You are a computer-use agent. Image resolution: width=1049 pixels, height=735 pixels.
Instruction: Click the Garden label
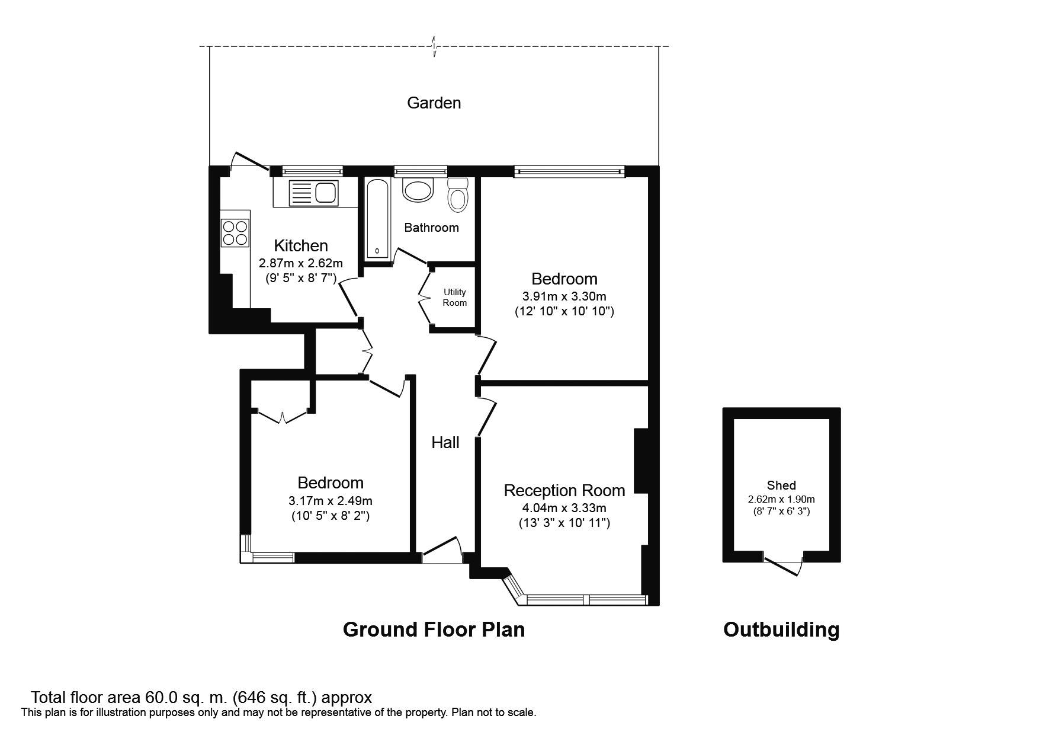point(434,103)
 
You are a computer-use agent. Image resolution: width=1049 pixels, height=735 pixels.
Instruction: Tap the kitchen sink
point(315,193)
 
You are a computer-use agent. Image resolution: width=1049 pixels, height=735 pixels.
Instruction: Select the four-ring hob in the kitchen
point(235,232)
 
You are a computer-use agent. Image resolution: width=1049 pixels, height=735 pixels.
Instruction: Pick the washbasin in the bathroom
point(418,190)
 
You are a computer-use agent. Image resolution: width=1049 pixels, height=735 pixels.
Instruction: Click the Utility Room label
point(455,298)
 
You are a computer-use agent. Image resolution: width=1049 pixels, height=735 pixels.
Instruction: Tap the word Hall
point(445,442)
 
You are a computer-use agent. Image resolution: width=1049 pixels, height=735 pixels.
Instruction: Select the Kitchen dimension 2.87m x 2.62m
point(301,263)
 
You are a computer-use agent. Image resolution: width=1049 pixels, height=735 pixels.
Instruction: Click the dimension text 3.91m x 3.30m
point(564,296)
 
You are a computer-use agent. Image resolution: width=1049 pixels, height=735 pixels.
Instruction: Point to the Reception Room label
point(564,491)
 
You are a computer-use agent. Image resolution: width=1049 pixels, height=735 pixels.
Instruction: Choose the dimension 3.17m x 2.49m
point(331,501)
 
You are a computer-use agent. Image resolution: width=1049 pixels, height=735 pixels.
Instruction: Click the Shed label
point(781,485)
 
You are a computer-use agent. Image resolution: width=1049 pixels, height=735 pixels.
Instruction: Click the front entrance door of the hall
point(441,551)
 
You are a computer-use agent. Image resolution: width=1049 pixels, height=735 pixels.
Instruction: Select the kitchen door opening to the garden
point(250,162)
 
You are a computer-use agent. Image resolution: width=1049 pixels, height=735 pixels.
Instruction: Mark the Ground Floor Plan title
point(434,629)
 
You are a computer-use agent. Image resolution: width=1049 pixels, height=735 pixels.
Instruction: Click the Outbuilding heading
point(781,629)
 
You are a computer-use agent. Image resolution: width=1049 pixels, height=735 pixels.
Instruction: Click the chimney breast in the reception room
point(641,461)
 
